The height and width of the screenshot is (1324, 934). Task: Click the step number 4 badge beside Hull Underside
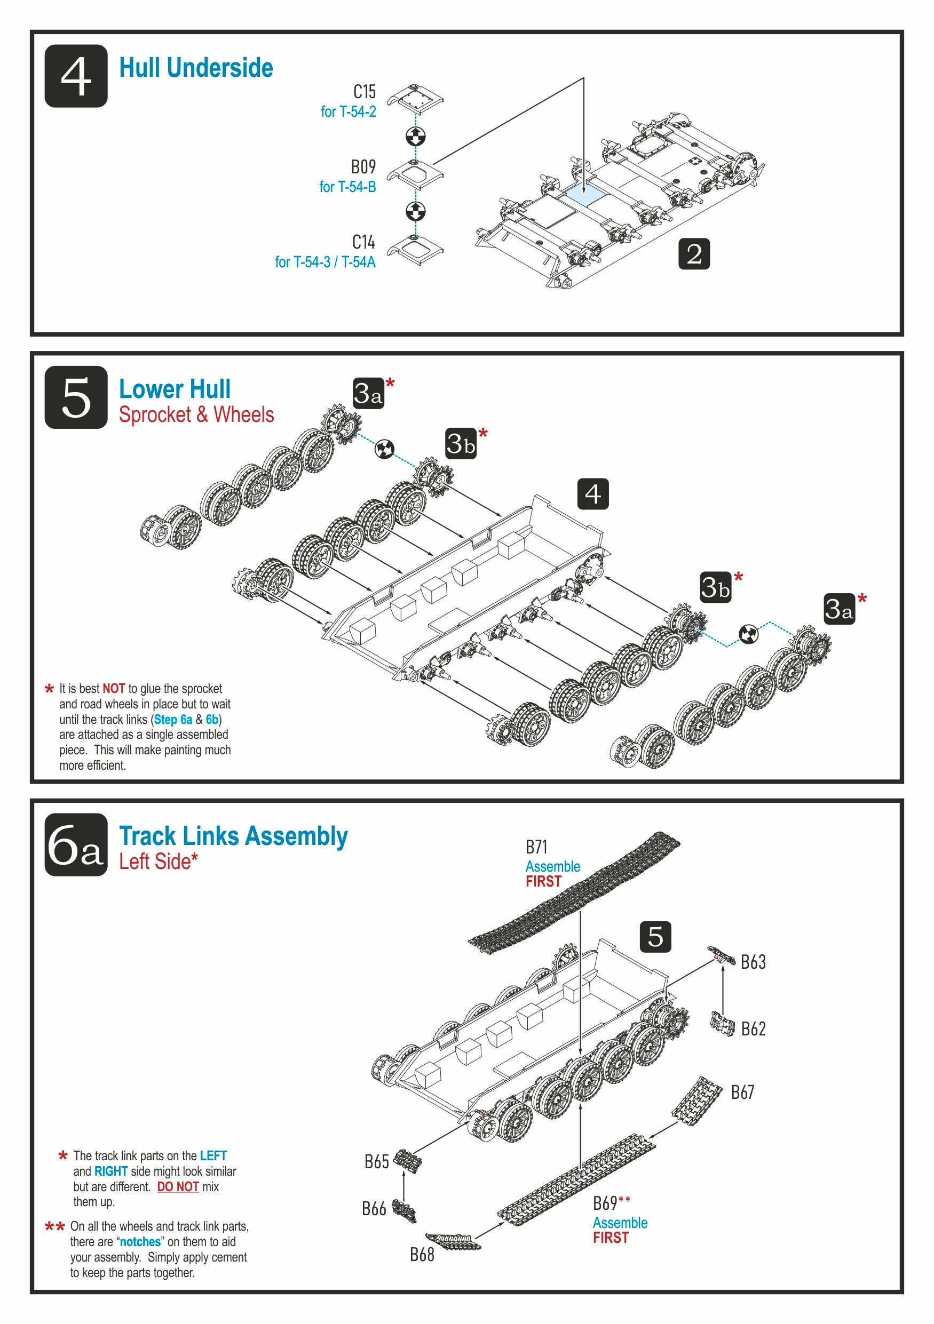pos(76,76)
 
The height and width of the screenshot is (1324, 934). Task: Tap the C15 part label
pos(364,92)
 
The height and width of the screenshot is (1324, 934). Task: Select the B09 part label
pos(363,166)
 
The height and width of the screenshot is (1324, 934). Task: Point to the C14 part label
pos(363,242)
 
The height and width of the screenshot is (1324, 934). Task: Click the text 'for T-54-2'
pos(348,112)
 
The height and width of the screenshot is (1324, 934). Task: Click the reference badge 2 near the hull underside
pos(693,254)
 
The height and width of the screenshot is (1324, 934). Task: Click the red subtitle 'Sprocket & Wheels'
pos(196,414)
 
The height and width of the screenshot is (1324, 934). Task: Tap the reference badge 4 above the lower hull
pos(592,493)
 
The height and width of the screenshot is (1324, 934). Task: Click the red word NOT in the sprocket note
pos(114,689)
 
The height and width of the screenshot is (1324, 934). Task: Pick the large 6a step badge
pos(76,845)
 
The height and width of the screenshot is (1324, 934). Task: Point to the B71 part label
pos(536,847)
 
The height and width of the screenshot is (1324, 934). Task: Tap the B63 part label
pos(753,962)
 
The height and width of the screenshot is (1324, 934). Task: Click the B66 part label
pos(373,1209)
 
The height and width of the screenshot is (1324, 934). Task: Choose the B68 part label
pos(422,1255)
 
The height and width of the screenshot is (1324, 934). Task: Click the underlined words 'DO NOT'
pos(178,1187)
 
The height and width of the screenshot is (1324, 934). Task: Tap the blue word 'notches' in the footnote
pos(140,1241)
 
